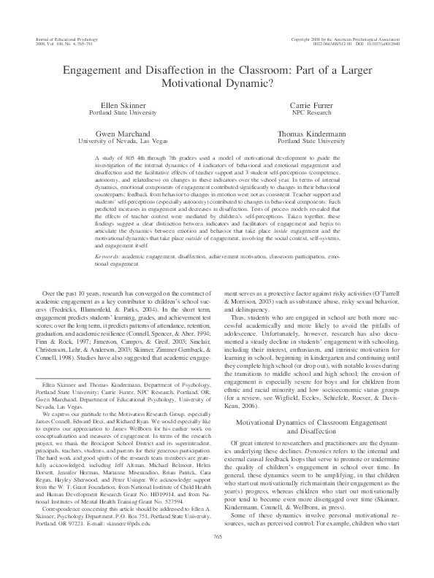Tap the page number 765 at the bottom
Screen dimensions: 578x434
click(217, 558)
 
